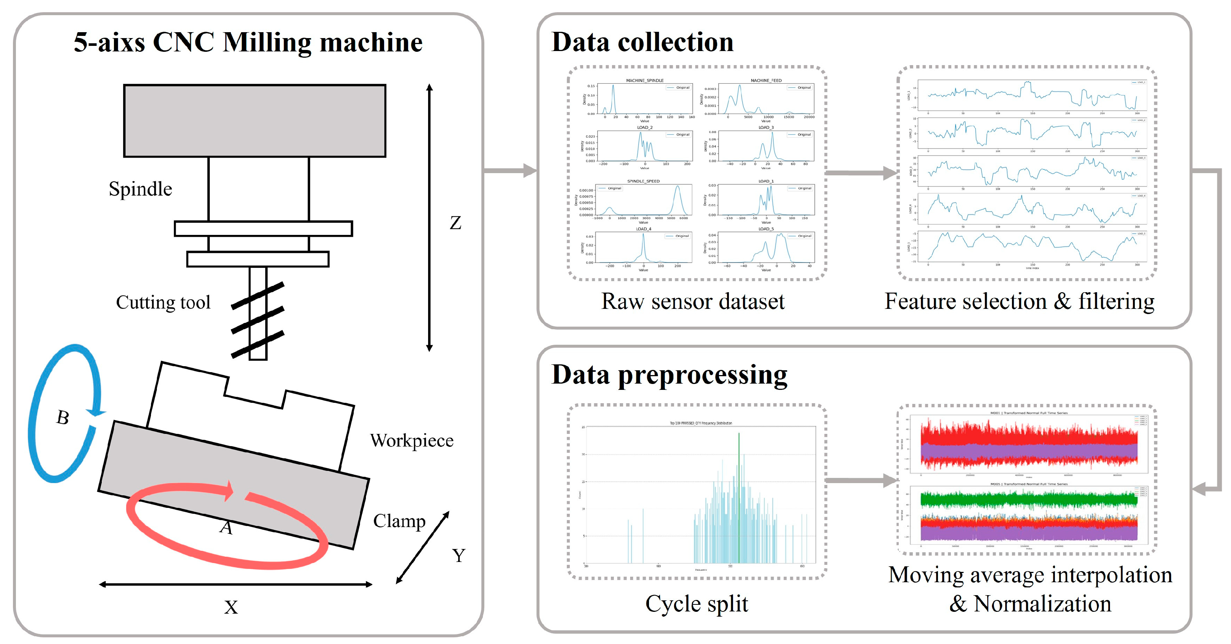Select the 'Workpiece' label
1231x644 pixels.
tap(411, 441)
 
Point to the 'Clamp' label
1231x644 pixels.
tap(399, 521)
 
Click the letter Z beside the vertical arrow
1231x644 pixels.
tap(455, 223)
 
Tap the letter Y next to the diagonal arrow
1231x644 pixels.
tap(458, 555)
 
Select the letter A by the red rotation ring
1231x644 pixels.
tap(226, 528)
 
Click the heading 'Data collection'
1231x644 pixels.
tap(642, 42)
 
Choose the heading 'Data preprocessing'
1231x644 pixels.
tap(669, 375)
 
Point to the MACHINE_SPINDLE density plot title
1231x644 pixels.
tap(645, 81)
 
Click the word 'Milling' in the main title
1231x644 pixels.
tap(267, 43)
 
